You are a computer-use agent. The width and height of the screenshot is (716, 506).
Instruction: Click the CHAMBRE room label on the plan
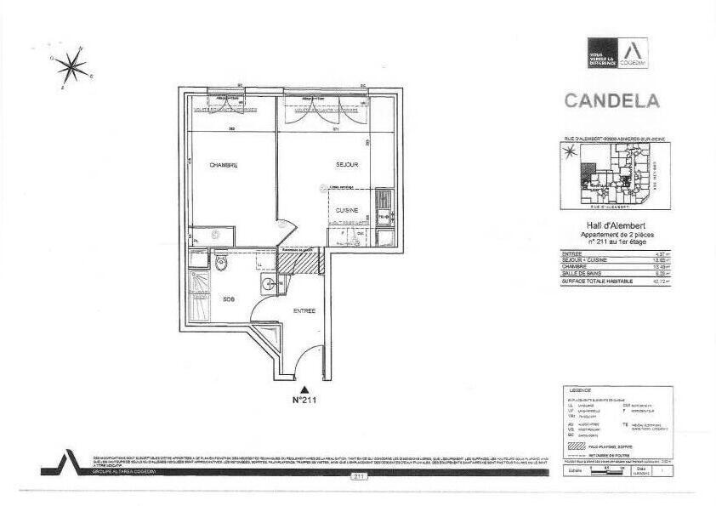pyautogui.click(x=224, y=165)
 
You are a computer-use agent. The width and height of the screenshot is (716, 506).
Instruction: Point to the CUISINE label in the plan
pyautogui.click(x=346, y=209)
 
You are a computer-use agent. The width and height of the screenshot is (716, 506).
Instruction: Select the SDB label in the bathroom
pyautogui.click(x=229, y=299)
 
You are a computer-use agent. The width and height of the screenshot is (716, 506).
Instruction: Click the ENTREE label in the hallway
pyautogui.click(x=304, y=310)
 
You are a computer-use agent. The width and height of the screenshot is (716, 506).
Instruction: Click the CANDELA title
pyautogui.click(x=611, y=100)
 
